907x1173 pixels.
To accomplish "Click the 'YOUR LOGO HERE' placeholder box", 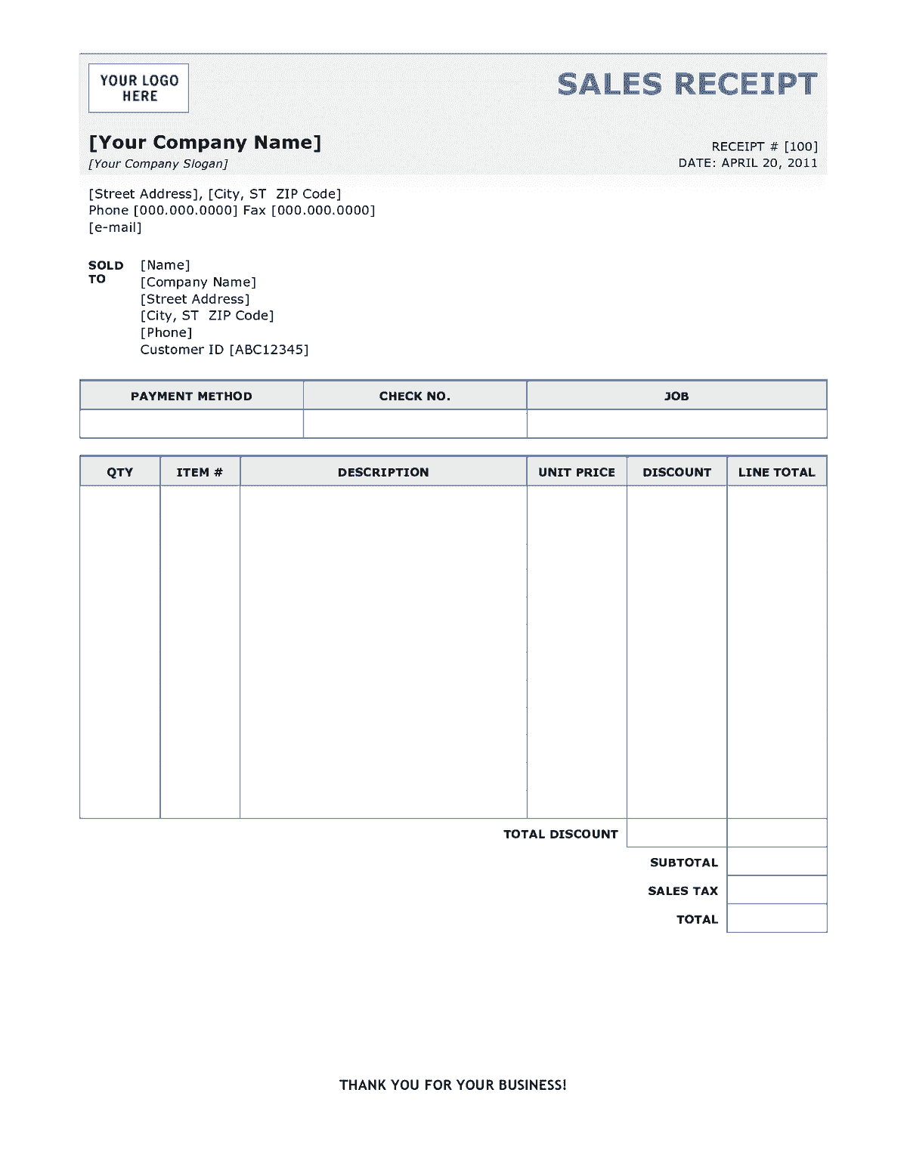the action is click(x=138, y=88).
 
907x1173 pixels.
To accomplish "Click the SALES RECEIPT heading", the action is click(x=687, y=84).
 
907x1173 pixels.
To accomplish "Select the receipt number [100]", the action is click(x=800, y=147).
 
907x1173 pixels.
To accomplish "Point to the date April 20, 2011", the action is click(x=769, y=163).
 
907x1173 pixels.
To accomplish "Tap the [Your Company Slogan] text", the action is click(x=158, y=164).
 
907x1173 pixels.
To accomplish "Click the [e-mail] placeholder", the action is click(x=115, y=227).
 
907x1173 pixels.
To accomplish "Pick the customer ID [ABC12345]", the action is click(x=268, y=350).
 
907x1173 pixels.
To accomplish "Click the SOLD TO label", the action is click(x=105, y=272).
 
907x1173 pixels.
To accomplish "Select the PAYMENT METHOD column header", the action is click(x=191, y=396).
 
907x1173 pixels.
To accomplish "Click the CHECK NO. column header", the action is click(x=414, y=396).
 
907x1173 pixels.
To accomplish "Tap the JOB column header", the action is click(x=676, y=396).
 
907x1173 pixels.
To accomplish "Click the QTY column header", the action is click(x=119, y=472).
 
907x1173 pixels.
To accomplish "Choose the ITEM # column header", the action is click(x=200, y=472).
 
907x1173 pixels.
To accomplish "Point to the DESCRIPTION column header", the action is click(x=383, y=472).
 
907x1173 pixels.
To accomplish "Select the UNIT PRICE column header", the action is click(x=577, y=472).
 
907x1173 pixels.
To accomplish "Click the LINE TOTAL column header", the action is click(x=776, y=472).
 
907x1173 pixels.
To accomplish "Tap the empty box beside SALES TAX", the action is click(x=776, y=890).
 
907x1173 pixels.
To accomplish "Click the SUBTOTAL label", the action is click(x=683, y=863).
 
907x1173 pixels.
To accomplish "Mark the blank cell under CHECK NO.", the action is click(x=414, y=424).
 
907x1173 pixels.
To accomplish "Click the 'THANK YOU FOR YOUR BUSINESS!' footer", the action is click(x=453, y=1085).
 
